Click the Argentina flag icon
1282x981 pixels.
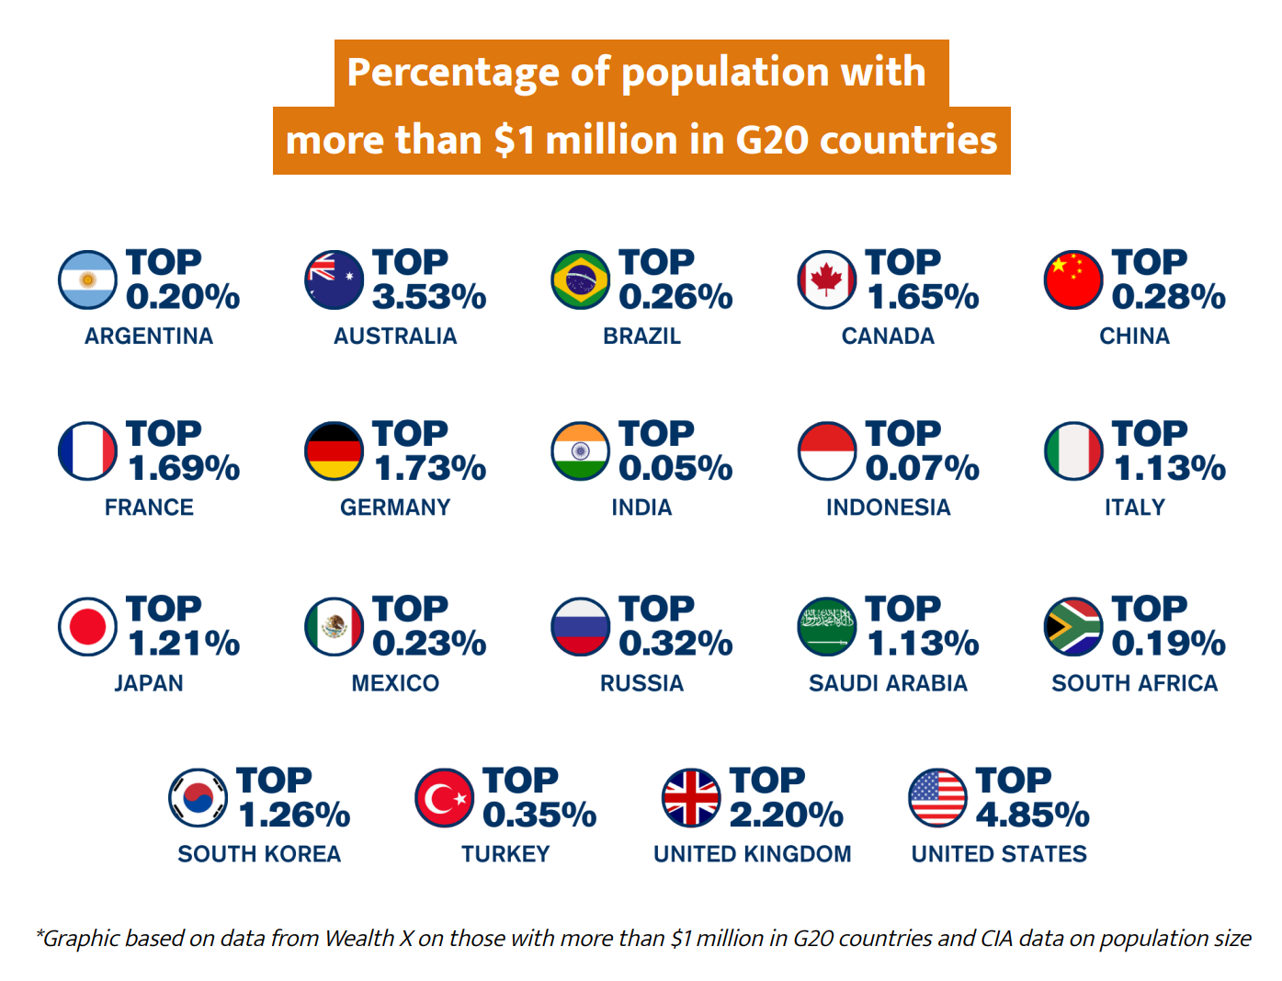(87, 280)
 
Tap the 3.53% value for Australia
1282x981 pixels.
(429, 297)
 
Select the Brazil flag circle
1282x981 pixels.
(580, 280)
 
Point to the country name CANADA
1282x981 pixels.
(888, 337)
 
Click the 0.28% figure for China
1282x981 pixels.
(1168, 297)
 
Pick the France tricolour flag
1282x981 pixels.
(87, 451)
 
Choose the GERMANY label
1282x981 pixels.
(395, 508)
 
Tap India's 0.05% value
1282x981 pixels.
(675, 468)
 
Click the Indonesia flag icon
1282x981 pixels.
(827, 451)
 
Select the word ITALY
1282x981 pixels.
(1134, 508)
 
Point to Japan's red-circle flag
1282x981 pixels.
(87, 627)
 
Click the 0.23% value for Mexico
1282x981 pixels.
(429, 644)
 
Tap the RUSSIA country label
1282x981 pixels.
(641, 683)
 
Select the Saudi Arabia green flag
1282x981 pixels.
(827, 627)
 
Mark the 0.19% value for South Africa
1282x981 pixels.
(1168, 644)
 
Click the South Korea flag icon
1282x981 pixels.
(198, 798)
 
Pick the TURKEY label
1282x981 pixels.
(505, 854)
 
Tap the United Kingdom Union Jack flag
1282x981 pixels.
(691, 798)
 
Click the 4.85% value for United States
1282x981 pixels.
(1032, 816)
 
